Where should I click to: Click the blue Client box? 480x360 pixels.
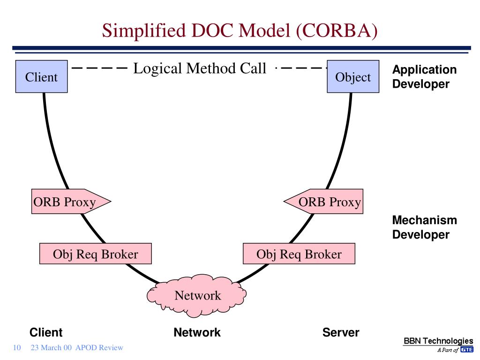tap(42, 76)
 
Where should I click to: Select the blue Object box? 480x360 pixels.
tap(353, 76)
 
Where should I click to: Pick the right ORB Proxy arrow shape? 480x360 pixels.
tap(323, 202)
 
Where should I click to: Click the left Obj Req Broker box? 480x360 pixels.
tap(96, 254)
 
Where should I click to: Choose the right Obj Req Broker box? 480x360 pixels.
tap(299, 254)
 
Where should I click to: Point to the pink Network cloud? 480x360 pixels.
tap(197, 295)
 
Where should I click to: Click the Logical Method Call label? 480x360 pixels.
tap(200, 68)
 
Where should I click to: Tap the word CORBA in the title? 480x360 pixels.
tap(337, 30)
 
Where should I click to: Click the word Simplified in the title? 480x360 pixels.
tap(144, 31)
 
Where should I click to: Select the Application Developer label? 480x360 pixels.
tap(424, 76)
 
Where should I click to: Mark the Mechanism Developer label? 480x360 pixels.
tap(425, 227)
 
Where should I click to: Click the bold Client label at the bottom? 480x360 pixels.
tap(46, 332)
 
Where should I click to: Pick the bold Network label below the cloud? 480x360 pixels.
tap(197, 332)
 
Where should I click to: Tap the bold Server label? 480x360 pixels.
tap(341, 332)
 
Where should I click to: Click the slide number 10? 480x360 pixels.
tap(17, 347)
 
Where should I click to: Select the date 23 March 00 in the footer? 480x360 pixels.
tap(51, 347)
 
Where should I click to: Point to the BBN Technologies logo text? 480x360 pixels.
tap(438, 341)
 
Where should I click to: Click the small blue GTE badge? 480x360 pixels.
tap(467, 350)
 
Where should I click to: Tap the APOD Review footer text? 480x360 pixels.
tap(99, 347)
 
